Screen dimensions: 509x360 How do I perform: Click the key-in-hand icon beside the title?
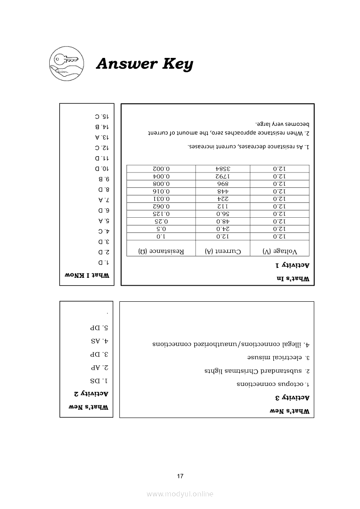coord(64,64)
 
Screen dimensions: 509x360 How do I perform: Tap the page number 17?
coord(180,476)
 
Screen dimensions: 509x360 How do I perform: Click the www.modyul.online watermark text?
coord(180,494)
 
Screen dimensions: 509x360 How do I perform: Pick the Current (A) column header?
coord(222,251)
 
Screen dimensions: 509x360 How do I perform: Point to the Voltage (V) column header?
coord(280,251)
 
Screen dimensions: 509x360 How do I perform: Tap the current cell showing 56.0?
coord(222,214)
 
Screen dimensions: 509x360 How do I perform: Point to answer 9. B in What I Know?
coord(104,179)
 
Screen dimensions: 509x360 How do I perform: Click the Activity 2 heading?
coord(91,394)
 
